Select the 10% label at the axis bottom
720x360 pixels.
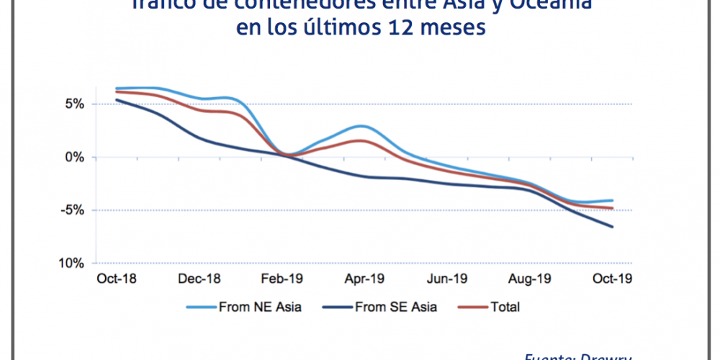point(72,264)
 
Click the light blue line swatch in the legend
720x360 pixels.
point(202,307)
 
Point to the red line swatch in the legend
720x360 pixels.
point(472,307)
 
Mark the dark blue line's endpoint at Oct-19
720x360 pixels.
point(613,227)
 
